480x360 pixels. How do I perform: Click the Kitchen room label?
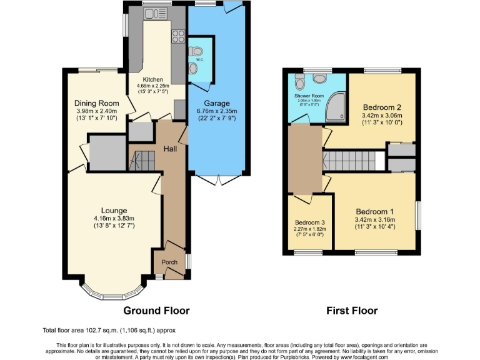pyautogui.click(x=152, y=80)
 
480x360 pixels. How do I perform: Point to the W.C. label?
pyautogui.click(x=201, y=60)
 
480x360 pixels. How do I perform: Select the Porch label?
pyautogui.click(x=169, y=262)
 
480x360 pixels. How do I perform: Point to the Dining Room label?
pyautogui.click(x=96, y=103)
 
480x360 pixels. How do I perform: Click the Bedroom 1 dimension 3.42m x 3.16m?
pyautogui.click(x=375, y=220)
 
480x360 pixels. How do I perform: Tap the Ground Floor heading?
pyautogui.click(x=156, y=311)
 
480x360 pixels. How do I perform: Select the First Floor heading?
pyautogui.click(x=352, y=311)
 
